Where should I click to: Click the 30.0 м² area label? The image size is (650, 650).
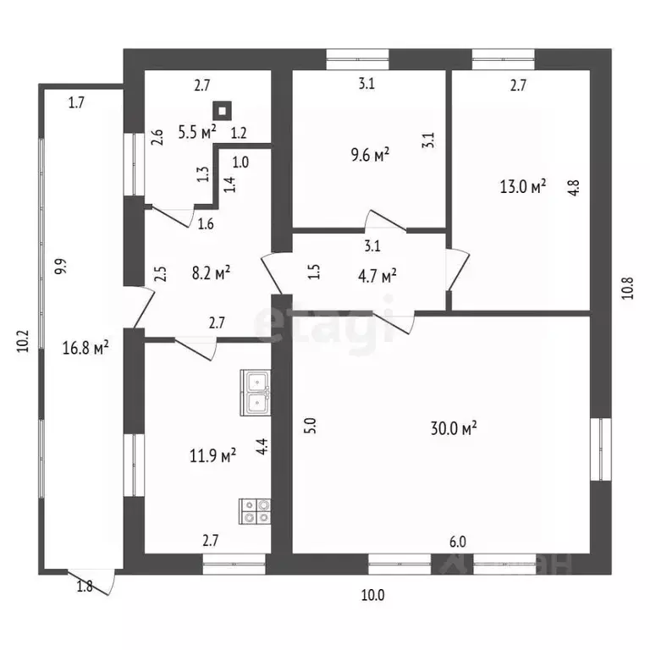[454, 427]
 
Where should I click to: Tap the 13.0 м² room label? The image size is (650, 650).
[523, 186]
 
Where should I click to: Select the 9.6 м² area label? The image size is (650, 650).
[370, 154]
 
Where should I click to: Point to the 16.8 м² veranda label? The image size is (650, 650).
[85, 347]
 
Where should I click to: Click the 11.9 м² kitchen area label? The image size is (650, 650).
[212, 455]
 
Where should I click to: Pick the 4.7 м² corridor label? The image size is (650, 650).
[377, 276]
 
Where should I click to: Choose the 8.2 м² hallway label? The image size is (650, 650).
[211, 273]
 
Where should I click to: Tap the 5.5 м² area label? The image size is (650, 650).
[197, 132]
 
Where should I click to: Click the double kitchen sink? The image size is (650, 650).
[256, 393]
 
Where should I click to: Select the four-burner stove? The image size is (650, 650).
[255, 511]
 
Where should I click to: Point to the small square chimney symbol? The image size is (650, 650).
[223, 111]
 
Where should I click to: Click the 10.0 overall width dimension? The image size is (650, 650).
[372, 595]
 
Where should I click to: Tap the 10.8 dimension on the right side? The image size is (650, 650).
[628, 288]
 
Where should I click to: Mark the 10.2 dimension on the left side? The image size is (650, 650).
[23, 341]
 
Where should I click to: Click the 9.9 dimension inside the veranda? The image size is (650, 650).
[61, 267]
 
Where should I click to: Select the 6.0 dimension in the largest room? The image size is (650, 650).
[458, 542]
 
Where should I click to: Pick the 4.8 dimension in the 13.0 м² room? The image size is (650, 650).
[574, 187]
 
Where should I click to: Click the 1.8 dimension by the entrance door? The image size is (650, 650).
[85, 587]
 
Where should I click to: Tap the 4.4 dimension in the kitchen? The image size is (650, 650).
[262, 447]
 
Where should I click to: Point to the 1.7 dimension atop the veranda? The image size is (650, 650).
[76, 102]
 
